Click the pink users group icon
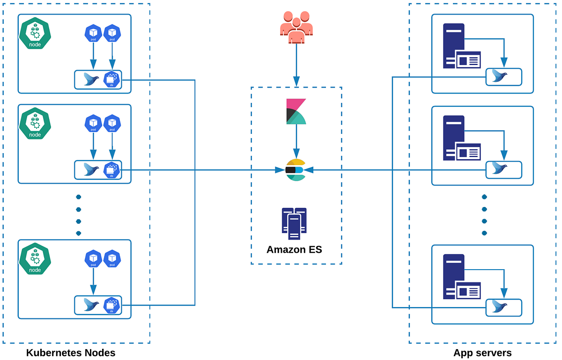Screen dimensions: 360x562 tap(296, 28)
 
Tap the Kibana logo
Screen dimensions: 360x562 tap(296, 111)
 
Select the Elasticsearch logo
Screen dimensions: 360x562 tap(296, 170)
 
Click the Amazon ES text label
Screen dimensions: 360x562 tap(294, 250)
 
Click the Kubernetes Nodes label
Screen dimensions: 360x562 tap(71, 353)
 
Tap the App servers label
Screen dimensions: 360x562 tap(482, 353)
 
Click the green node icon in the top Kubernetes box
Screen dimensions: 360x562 tap(35, 34)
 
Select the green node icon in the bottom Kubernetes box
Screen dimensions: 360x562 tap(35, 259)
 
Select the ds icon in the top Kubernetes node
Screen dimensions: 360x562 tap(111, 79)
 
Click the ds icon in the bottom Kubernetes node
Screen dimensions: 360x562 tap(111, 305)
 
